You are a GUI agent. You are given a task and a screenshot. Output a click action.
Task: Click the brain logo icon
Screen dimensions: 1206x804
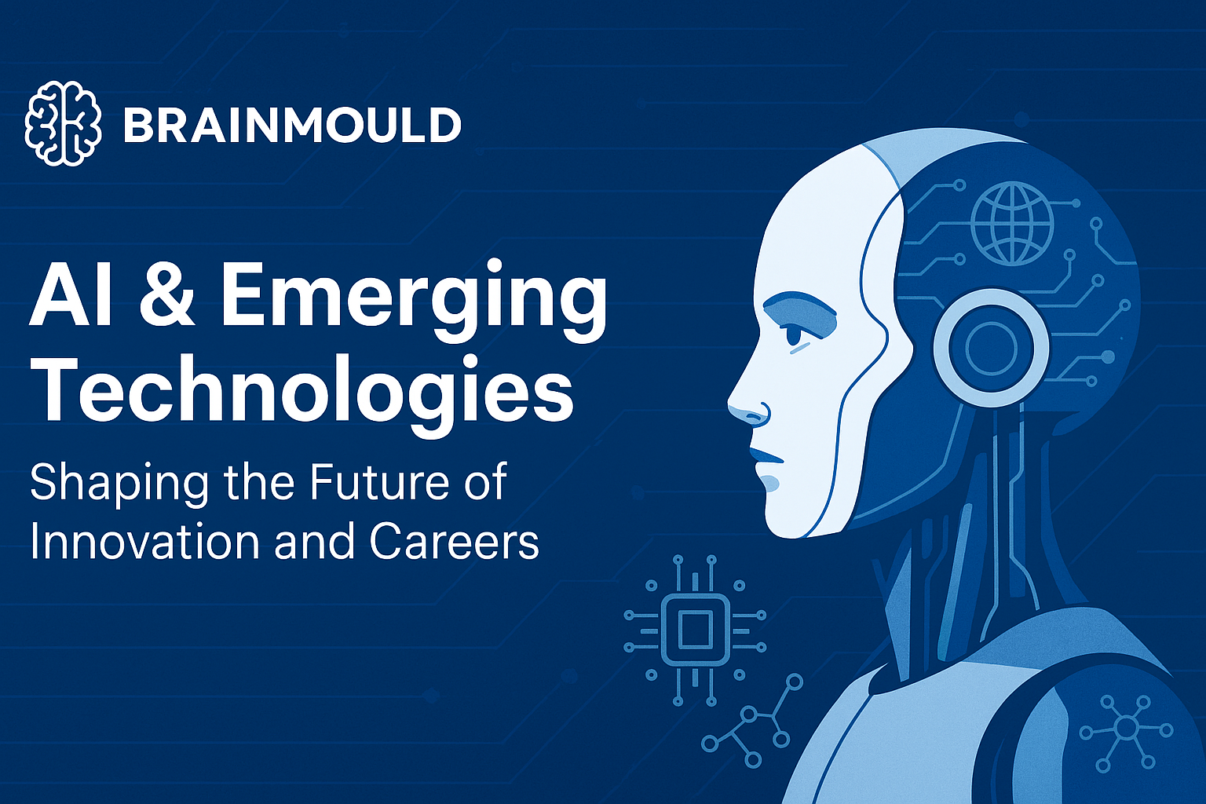point(63,122)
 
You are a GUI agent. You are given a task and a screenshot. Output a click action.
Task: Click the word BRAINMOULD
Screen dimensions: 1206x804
point(292,125)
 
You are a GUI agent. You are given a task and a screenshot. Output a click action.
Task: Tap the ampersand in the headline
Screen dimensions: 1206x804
point(166,296)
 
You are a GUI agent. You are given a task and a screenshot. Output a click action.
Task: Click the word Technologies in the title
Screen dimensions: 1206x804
point(302,394)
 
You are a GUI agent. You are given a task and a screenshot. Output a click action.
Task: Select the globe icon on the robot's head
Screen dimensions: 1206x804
point(1013,223)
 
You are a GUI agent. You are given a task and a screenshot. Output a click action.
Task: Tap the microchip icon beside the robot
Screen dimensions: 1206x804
point(695,630)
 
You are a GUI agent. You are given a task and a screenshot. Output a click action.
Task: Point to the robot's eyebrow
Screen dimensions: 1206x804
point(801,308)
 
